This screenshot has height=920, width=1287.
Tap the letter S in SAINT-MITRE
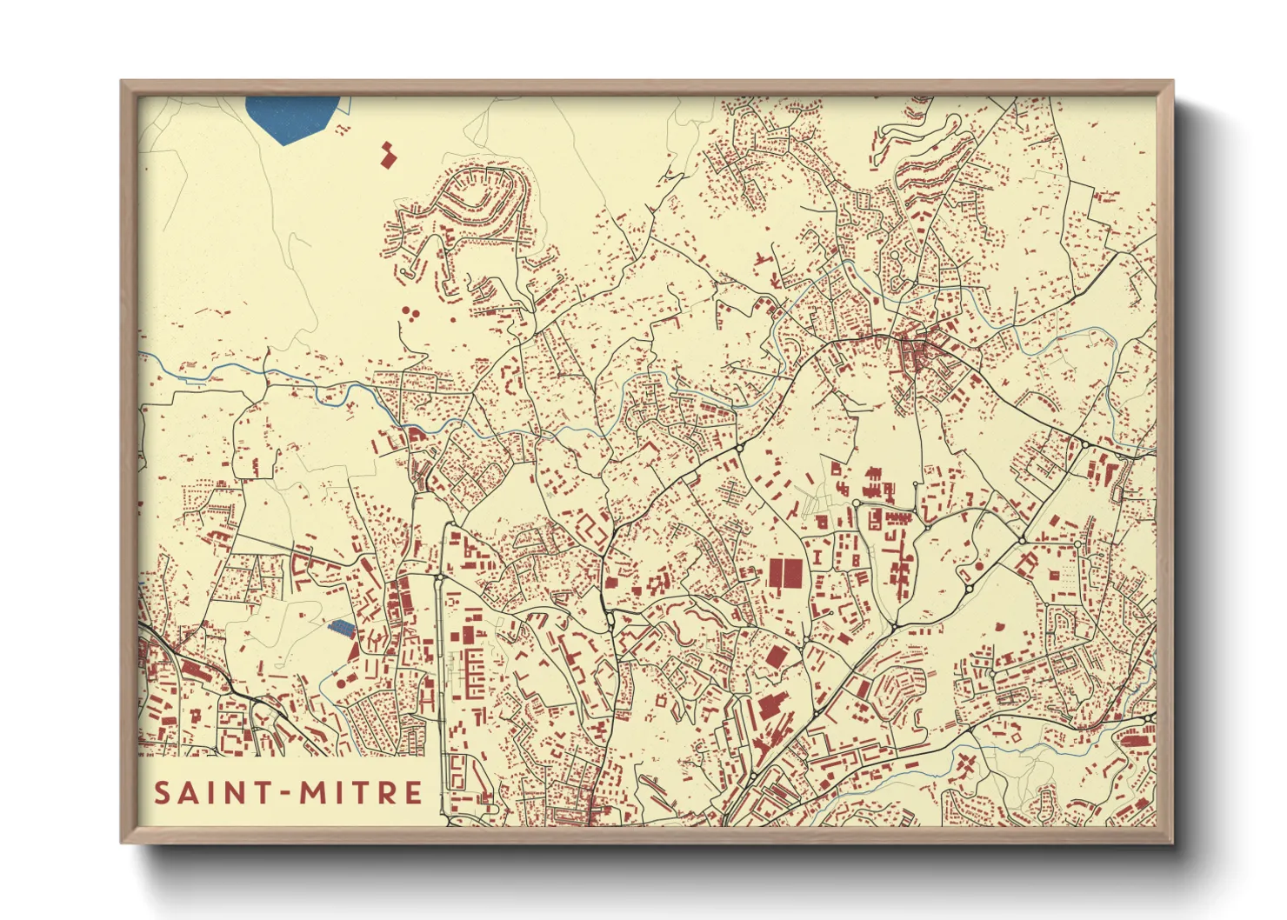tap(163, 793)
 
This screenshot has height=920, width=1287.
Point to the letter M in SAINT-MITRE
tap(314, 793)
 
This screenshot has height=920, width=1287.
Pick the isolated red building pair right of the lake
tap(387, 155)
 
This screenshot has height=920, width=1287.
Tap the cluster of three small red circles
tap(410, 311)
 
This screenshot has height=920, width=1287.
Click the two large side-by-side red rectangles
tap(785, 574)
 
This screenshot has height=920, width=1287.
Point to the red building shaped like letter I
tap(817, 557)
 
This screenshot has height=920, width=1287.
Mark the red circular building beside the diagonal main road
tap(980, 566)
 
